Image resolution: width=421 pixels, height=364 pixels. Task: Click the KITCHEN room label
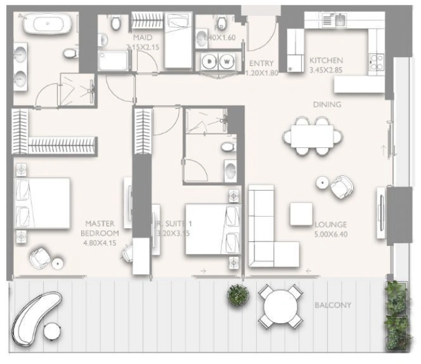tap(327, 61)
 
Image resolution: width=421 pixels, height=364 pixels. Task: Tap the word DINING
tap(327, 104)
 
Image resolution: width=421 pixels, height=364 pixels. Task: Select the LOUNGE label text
tap(330, 224)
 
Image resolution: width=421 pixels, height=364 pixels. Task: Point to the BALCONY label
tap(333, 305)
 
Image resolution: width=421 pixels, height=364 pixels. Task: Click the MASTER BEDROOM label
tap(100, 227)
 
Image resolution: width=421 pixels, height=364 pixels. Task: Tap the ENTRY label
tap(260, 63)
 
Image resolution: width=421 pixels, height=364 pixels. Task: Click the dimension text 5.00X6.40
tap(330, 233)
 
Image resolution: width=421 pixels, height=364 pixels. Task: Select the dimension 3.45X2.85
tap(327, 70)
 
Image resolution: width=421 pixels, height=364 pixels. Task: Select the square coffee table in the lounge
tap(301, 213)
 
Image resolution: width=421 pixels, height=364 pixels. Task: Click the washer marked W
tap(227, 61)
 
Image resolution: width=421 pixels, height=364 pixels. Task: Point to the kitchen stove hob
tap(376, 61)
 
